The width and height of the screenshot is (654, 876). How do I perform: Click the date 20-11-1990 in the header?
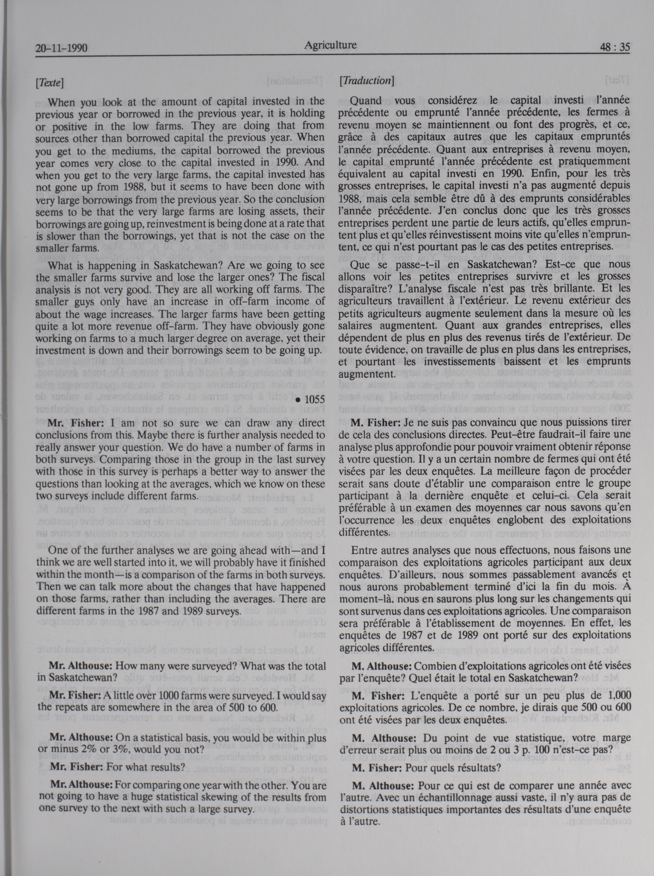click(61, 48)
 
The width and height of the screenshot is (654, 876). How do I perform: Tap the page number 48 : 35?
click(614, 48)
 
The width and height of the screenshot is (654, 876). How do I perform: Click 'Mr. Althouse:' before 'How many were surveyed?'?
click(80, 666)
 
